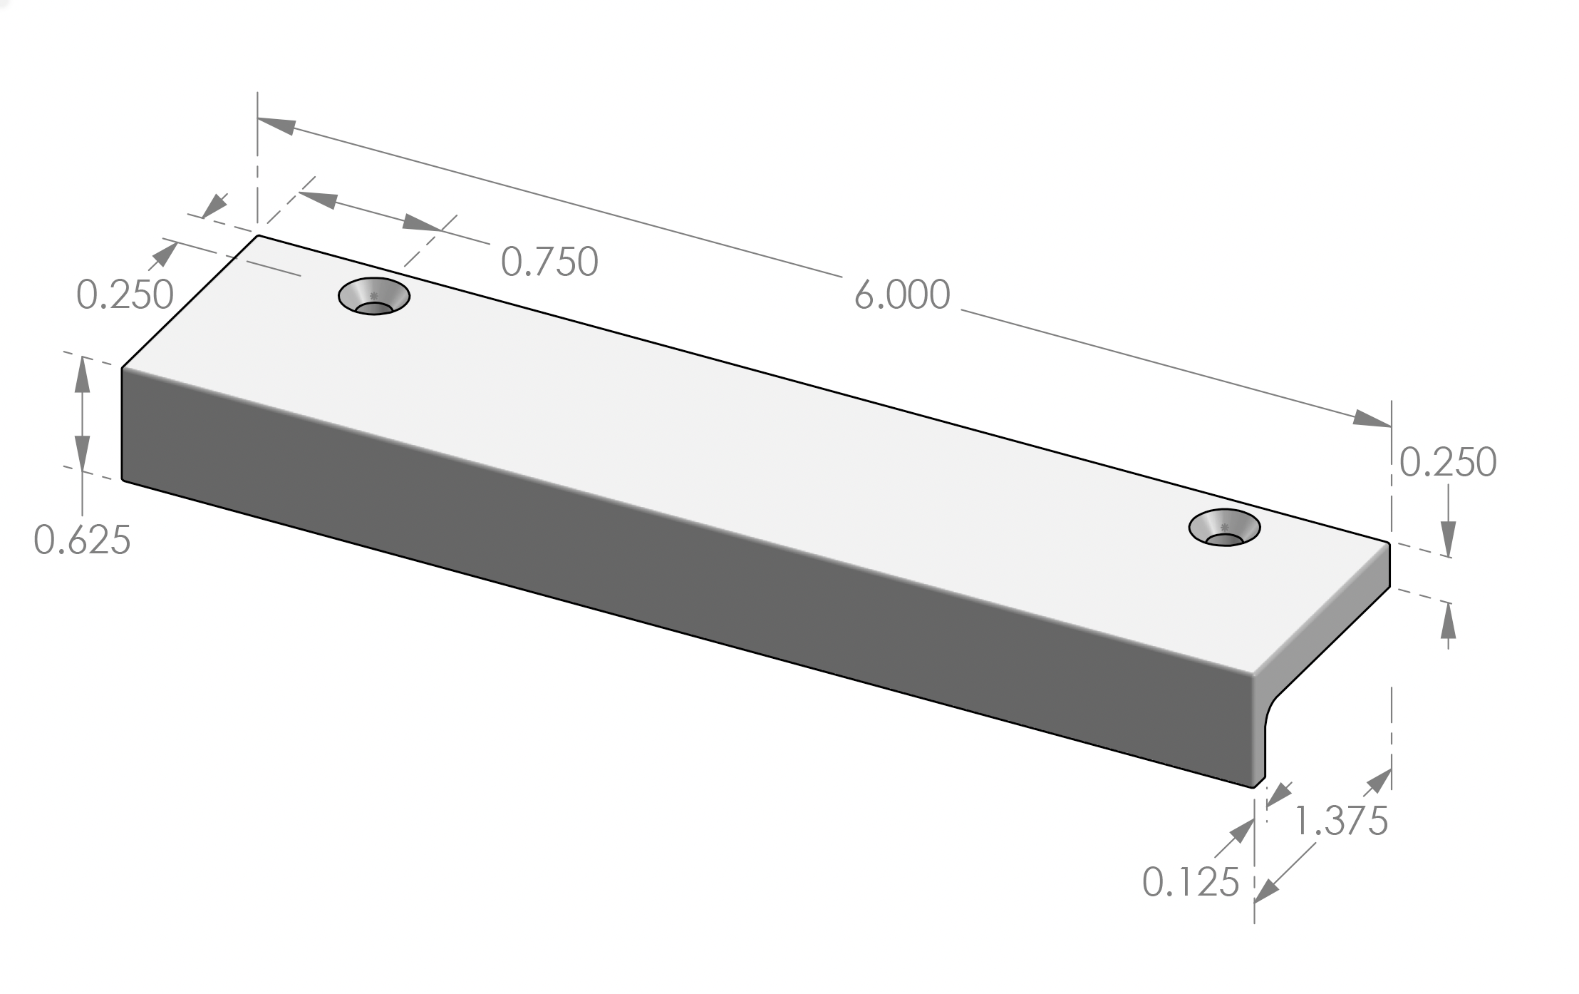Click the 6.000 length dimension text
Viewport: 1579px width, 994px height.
click(902, 295)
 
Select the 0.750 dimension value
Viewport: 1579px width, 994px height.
click(549, 262)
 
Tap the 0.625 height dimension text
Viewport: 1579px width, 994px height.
click(82, 540)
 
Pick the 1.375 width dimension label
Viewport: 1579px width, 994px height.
click(1340, 821)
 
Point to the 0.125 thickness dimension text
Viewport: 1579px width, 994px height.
click(1191, 883)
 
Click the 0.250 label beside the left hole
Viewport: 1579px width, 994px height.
click(125, 294)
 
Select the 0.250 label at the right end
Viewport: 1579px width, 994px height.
click(1448, 463)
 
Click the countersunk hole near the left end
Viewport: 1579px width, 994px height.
click(374, 296)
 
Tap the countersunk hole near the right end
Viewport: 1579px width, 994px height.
click(1224, 528)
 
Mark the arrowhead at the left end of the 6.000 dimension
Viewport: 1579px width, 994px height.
click(275, 125)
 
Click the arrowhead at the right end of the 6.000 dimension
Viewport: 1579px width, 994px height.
click(1372, 420)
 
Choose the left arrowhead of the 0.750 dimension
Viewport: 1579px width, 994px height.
click(318, 199)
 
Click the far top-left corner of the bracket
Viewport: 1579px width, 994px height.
click(258, 235)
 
